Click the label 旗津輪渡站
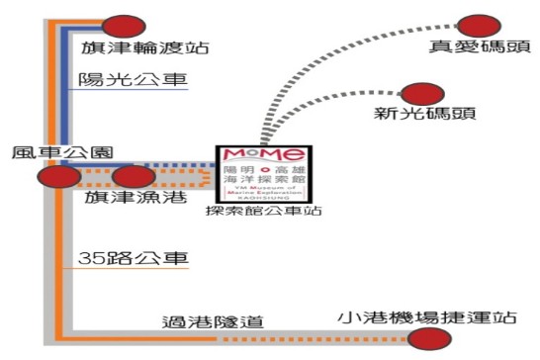(x=144, y=48)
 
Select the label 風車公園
(x=57, y=154)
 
